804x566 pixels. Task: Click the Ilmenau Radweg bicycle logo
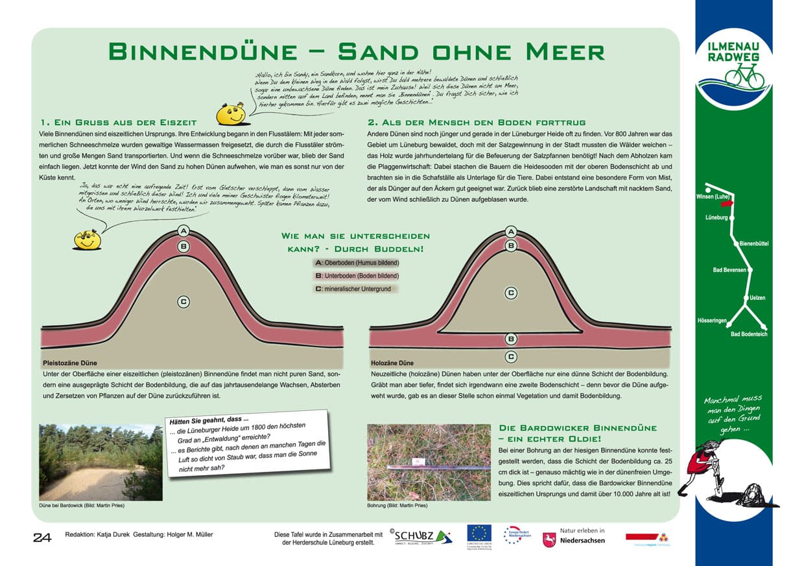(733, 71)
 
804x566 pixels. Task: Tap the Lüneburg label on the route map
(716, 217)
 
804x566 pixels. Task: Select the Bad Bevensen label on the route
(729, 269)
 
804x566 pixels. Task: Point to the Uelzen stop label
(757, 298)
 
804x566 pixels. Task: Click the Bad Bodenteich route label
(749, 334)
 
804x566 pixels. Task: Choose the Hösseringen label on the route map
(712, 321)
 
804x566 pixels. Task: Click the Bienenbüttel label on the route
(754, 243)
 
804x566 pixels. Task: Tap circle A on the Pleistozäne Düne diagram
(183, 232)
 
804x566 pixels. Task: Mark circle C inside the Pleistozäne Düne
(183, 301)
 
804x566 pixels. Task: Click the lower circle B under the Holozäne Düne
(511, 339)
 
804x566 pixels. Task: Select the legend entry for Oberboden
(356, 263)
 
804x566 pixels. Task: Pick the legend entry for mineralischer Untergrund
(356, 289)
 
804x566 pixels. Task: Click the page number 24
(42, 537)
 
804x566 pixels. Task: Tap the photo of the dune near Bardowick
(100, 462)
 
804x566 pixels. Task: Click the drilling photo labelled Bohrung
(429, 462)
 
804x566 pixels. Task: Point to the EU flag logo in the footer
(479, 533)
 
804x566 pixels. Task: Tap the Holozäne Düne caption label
(392, 363)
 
